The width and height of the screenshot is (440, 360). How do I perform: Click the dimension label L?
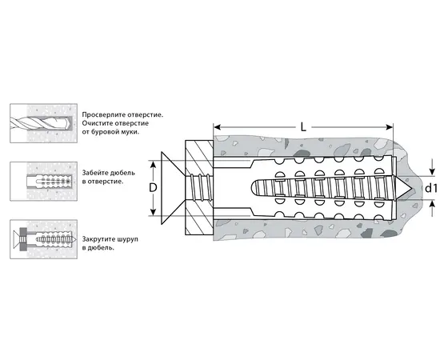point(303,127)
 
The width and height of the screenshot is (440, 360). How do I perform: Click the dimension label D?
point(153,188)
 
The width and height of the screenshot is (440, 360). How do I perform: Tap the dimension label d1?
point(431,188)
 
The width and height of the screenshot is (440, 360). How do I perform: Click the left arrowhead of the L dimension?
point(217,127)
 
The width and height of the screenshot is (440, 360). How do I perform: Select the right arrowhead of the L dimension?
point(390,127)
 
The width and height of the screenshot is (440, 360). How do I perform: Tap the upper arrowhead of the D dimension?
point(153,165)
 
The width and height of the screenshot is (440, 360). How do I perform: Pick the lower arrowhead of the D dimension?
point(153,212)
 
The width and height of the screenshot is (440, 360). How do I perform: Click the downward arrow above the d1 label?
point(431,168)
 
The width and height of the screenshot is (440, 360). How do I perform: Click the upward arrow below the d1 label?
point(431,208)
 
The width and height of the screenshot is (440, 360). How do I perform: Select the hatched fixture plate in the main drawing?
point(199,188)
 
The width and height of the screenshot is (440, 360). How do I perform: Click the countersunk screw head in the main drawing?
point(173,188)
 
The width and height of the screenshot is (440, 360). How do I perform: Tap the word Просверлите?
point(104,114)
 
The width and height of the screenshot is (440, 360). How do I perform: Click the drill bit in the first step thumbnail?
point(40,123)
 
